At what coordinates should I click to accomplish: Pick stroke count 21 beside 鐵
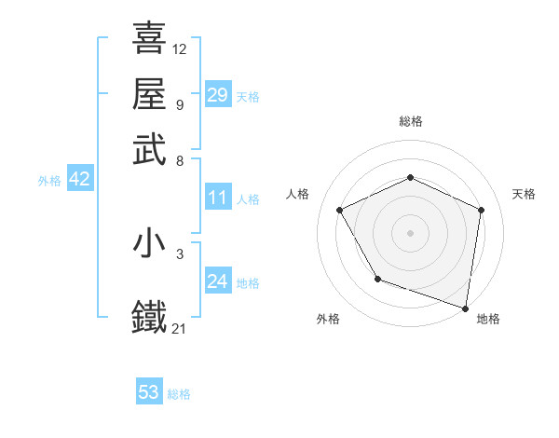pos(180,327)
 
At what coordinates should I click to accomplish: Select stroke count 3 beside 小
pos(179,253)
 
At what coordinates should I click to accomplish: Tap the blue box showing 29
pos(217,95)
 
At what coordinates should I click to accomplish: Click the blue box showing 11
pos(217,198)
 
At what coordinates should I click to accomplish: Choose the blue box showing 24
pos(217,281)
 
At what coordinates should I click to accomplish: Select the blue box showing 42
pos(79,180)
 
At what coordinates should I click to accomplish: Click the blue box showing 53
pos(149,392)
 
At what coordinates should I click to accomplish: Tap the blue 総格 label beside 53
pos(179,394)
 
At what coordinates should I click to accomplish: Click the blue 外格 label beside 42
pos(49,181)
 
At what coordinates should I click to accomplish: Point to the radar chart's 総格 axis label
pos(410,121)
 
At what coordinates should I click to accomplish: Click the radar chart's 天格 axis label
pos(524,194)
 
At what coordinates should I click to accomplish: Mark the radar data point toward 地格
pos(466,308)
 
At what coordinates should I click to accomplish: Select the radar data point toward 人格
pos(340,211)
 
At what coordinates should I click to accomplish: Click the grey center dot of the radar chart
pos(410,232)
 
